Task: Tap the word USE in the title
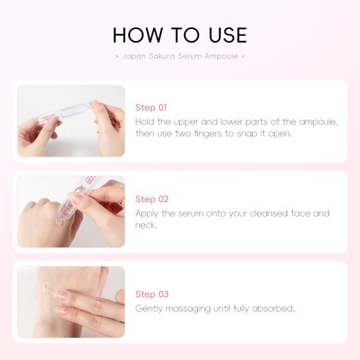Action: coord(226,35)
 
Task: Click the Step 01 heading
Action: coord(151,107)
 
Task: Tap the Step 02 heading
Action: coord(151,199)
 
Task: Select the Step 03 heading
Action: coord(151,294)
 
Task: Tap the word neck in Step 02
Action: coord(147,225)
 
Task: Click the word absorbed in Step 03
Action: coord(274,308)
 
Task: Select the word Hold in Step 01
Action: coord(146,121)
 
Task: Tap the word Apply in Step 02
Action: coord(148,213)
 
